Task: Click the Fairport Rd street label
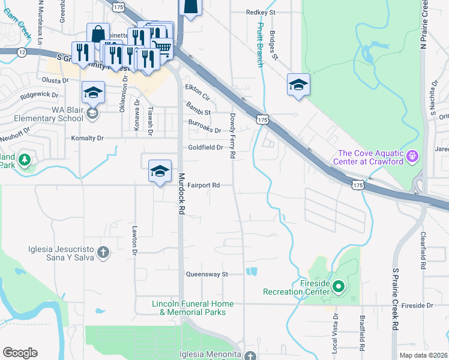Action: (202, 185)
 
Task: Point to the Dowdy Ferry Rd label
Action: (232, 135)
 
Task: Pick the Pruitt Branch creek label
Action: (260, 44)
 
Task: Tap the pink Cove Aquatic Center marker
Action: (412, 157)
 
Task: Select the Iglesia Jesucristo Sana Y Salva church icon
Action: (103, 252)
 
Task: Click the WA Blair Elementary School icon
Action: (92, 113)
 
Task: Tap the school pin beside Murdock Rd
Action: (160, 172)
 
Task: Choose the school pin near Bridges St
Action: (298, 85)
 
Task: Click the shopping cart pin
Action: (163, 47)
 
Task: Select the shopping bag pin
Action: (98, 34)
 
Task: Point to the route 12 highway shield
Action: (22, 52)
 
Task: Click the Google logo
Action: (20, 352)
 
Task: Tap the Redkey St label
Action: (261, 12)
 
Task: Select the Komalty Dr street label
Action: (88, 138)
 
